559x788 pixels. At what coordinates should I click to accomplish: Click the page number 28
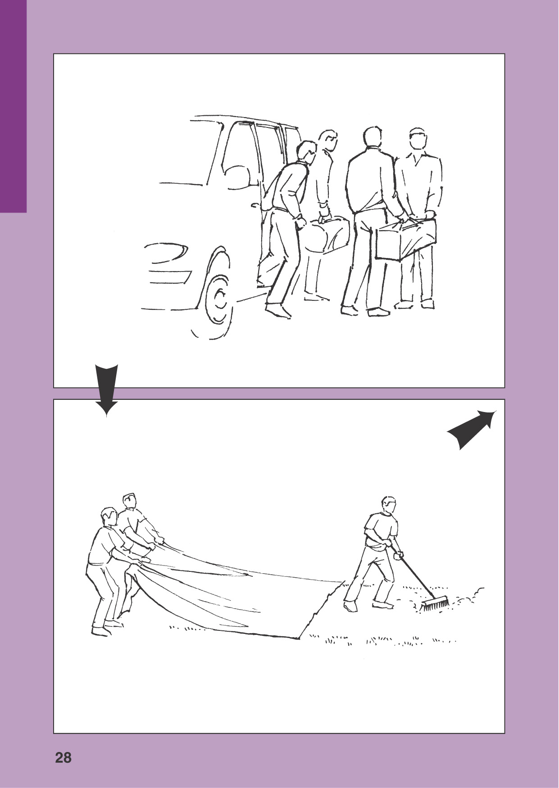[x=64, y=757]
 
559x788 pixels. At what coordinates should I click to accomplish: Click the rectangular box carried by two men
[x=406, y=240]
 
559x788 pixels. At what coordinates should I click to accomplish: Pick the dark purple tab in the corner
[x=14, y=106]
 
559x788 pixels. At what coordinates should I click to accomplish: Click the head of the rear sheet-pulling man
[x=129, y=502]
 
